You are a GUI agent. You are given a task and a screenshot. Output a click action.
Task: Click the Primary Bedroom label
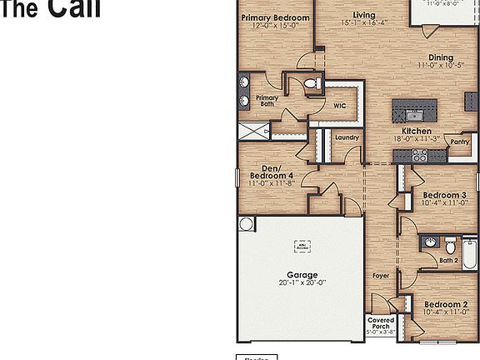point(275,17)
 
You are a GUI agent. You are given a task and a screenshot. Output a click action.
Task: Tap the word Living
point(363,15)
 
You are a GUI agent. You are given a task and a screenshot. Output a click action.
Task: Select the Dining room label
point(440,57)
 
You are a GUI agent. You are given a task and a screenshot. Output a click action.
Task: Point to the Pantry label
point(460,142)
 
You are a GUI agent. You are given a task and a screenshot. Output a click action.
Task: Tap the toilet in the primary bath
point(312,83)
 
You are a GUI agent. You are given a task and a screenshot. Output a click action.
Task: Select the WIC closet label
point(340,106)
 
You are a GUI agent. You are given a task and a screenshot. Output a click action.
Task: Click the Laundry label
point(347,137)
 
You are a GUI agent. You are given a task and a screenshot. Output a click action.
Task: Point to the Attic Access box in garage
point(301,246)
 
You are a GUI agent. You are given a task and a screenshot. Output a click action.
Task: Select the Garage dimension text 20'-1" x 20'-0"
point(302,282)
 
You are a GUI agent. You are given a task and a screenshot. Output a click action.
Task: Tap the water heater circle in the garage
point(246,223)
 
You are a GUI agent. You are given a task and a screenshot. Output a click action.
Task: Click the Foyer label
point(381,275)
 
